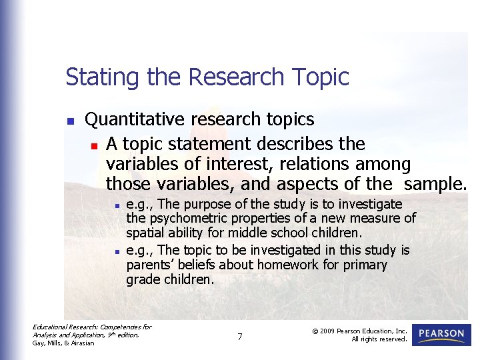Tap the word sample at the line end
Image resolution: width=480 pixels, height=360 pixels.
coord(433,183)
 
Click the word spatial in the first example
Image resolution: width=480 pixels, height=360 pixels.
coord(144,233)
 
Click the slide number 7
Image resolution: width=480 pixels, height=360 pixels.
coord(240,337)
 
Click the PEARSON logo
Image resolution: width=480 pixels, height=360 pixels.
coord(441,334)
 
